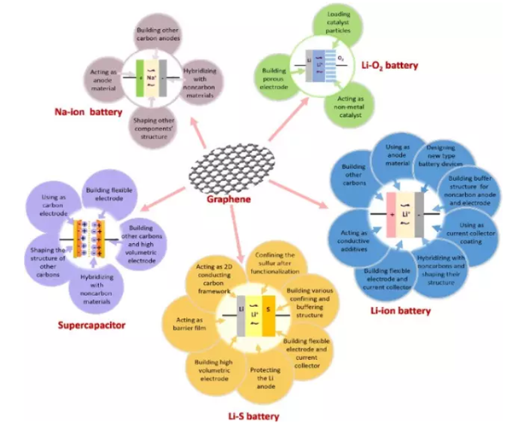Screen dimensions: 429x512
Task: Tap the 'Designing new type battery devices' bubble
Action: (448, 159)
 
